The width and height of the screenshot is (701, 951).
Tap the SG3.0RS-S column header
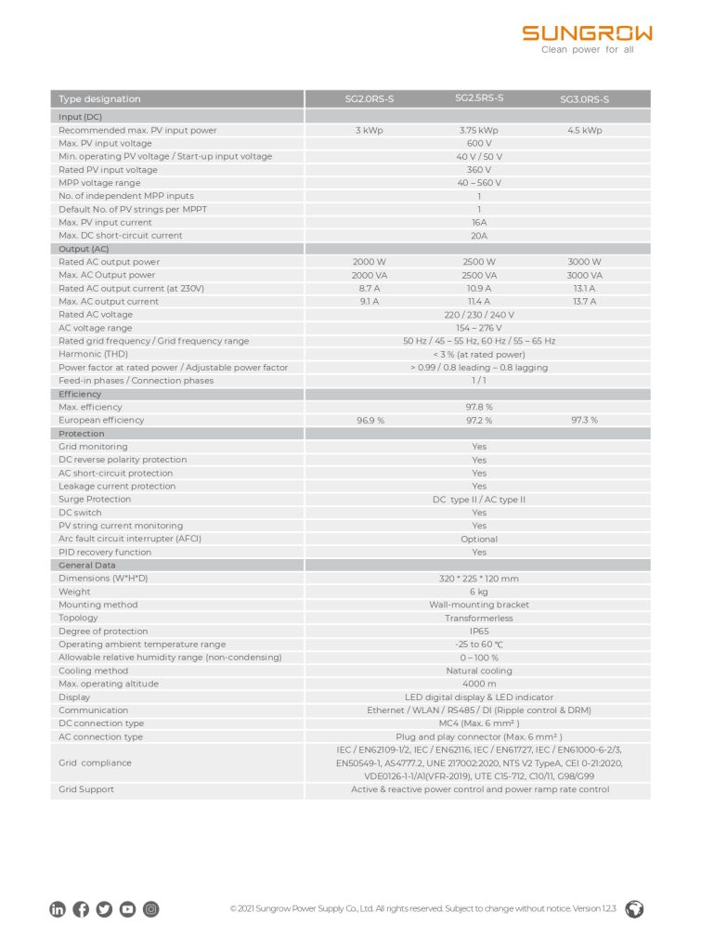[x=584, y=99]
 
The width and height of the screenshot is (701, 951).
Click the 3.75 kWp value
[x=478, y=131]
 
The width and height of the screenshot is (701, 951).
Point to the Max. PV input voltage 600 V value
[x=478, y=144]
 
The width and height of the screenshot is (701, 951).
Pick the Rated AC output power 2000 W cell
[x=369, y=263]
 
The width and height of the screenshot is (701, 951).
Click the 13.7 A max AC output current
[x=584, y=302]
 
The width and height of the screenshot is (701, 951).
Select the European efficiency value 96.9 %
[x=370, y=421]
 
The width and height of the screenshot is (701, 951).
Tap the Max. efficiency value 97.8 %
[x=478, y=407]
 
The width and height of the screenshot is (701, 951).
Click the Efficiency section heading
[x=80, y=394]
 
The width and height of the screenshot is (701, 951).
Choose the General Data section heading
[x=87, y=565]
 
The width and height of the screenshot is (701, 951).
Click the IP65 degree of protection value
[x=478, y=632]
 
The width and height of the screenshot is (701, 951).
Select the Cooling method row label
[x=93, y=671]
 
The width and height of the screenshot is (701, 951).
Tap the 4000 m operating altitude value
[x=478, y=684]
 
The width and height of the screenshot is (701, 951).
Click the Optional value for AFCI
[x=478, y=539]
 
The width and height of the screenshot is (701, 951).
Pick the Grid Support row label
[x=86, y=789]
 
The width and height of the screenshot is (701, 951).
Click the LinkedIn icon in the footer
[x=58, y=910]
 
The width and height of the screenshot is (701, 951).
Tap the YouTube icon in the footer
[x=127, y=910]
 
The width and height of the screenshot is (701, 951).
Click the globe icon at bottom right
[x=635, y=909]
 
